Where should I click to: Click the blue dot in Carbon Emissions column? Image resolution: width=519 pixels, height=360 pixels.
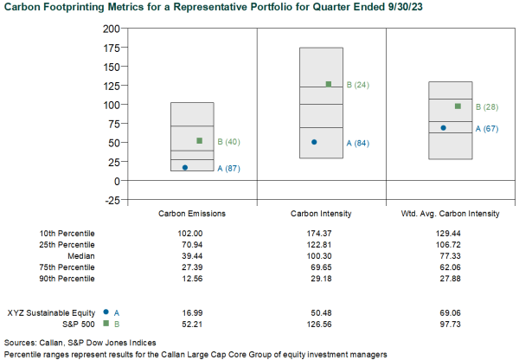185,168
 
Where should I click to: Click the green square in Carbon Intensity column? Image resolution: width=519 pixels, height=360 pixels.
329,84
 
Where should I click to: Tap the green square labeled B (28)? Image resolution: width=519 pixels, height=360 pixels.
458,106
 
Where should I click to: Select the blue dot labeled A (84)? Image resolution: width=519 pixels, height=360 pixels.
314,142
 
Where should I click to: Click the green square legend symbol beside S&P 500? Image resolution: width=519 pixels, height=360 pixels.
105,323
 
